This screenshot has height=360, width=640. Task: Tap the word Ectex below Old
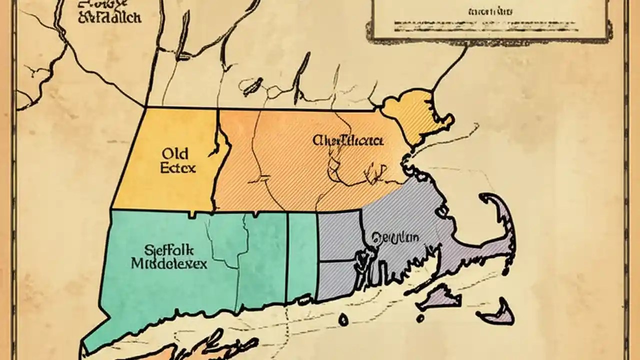[178, 167]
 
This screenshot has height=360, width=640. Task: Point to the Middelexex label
[169, 263]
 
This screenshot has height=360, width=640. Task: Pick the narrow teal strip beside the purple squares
[302, 255]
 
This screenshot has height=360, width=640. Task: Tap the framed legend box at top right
[492, 20]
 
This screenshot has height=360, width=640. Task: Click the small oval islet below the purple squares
[343, 318]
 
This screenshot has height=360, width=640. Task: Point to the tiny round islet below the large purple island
[420, 317]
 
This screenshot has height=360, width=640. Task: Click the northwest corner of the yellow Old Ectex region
[145, 108]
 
